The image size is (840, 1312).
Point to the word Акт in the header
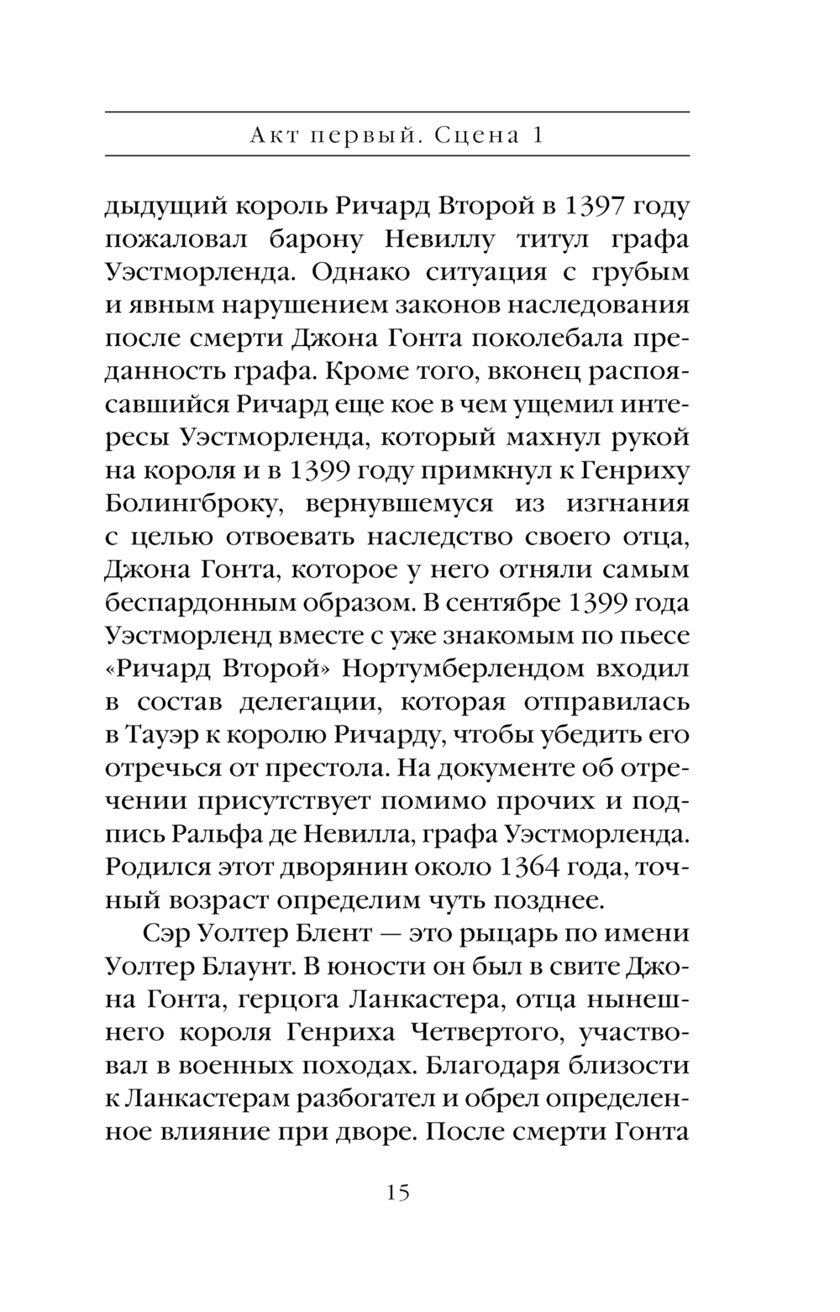click(275, 134)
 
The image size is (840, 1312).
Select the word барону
click(319, 239)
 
